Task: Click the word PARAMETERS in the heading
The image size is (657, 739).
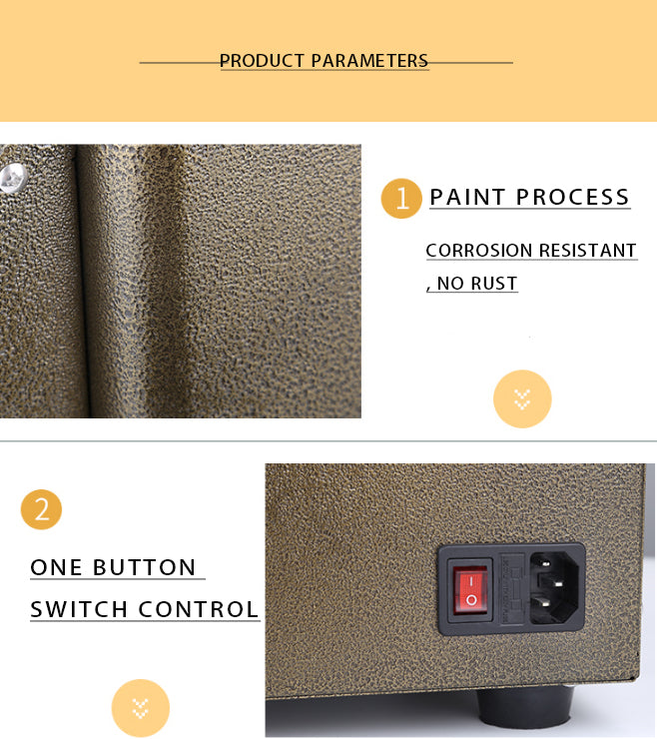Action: (x=369, y=61)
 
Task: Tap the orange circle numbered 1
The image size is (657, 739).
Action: (x=401, y=199)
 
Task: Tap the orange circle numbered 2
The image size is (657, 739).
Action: (x=42, y=509)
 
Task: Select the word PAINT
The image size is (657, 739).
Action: (x=467, y=197)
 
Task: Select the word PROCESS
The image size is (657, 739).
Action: (x=573, y=197)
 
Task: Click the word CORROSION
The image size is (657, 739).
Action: (x=479, y=251)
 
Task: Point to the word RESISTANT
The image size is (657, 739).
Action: (x=587, y=251)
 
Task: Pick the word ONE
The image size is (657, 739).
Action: (x=57, y=567)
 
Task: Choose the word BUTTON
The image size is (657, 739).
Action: (x=144, y=567)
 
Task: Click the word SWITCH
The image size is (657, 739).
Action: (x=79, y=609)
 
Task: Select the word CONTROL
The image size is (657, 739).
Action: (x=199, y=609)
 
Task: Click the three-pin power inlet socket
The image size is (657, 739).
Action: (x=556, y=588)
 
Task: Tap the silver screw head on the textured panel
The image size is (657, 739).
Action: (x=13, y=178)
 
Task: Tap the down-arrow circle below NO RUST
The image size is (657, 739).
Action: (x=522, y=399)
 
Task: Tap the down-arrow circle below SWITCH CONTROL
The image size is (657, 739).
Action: (x=141, y=708)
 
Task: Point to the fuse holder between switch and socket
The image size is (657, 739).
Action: (x=512, y=588)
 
